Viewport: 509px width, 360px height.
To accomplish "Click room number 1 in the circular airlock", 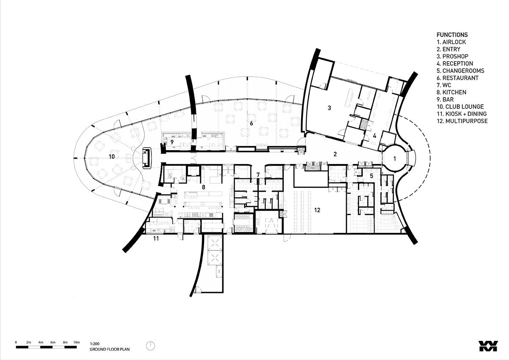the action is (x=394, y=159).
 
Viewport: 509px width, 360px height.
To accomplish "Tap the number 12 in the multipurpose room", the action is (x=317, y=210).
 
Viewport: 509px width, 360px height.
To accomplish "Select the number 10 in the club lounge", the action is (x=112, y=156).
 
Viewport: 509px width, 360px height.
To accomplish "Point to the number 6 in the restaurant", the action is (x=251, y=123).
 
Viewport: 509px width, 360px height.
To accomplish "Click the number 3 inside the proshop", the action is (x=330, y=108).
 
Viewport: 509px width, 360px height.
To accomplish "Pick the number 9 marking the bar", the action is (x=172, y=142).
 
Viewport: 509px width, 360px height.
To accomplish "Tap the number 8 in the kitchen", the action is (x=203, y=187).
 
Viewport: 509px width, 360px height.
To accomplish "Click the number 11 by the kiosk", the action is (x=156, y=238).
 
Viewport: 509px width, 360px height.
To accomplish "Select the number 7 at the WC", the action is (x=258, y=175).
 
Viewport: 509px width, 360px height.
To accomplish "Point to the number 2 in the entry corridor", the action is (x=335, y=154).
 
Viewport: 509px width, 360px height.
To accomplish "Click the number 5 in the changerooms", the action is (x=372, y=176).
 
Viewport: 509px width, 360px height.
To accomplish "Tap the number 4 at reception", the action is (x=375, y=136).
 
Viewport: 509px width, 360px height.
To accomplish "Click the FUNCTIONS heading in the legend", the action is (x=452, y=35).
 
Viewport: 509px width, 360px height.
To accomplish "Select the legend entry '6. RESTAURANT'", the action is (x=458, y=78).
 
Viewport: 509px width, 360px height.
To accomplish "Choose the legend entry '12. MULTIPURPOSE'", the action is (x=462, y=121).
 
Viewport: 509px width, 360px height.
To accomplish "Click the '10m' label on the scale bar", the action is (x=77, y=342).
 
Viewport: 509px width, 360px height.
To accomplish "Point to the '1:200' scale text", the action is (x=95, y=343).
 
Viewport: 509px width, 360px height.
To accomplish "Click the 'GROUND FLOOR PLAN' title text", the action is (x=109, y=349).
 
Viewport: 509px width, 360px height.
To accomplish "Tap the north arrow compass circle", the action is (x=150, y=346).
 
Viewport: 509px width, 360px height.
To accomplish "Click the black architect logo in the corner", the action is (x=488, y=346).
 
